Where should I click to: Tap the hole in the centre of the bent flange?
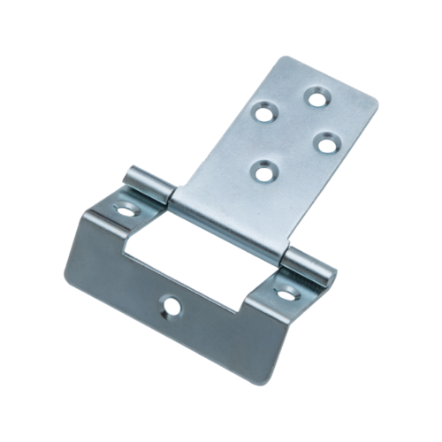point(166,309)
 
